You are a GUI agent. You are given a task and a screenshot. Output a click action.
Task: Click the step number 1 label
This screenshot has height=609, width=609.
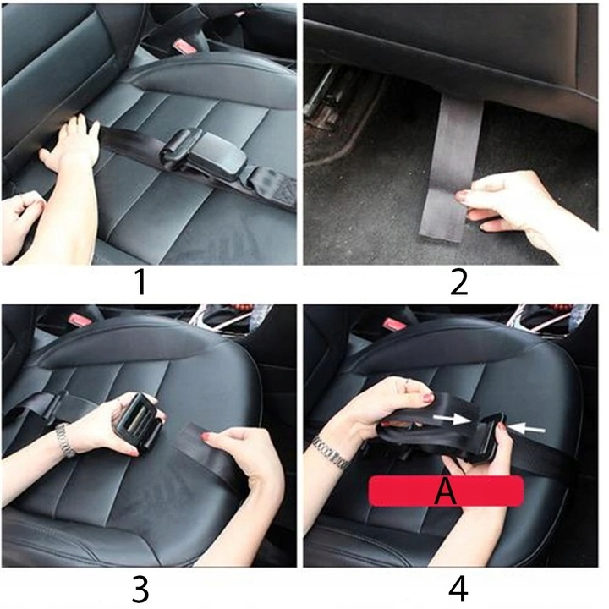(x=141, y=283)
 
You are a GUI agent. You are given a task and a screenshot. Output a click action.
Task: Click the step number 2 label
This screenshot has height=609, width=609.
(x=458, y=283)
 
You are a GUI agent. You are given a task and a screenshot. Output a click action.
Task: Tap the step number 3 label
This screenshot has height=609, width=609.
(x=140, y=590)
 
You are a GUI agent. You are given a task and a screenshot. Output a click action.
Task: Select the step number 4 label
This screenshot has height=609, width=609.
(x=458, y=590)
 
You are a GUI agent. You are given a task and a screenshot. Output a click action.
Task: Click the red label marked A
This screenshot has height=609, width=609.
(x=446, y=491)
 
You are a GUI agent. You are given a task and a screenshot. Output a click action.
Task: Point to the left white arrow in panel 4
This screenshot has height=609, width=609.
(x=452, y=419)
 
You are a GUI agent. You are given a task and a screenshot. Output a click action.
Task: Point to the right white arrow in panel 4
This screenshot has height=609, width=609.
(x=526, y=428)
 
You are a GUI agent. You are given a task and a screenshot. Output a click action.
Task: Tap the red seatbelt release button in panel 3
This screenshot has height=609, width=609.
(x=81, y=320)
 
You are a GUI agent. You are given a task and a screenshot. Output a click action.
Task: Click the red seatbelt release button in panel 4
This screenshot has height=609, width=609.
(x=394, y=323)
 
